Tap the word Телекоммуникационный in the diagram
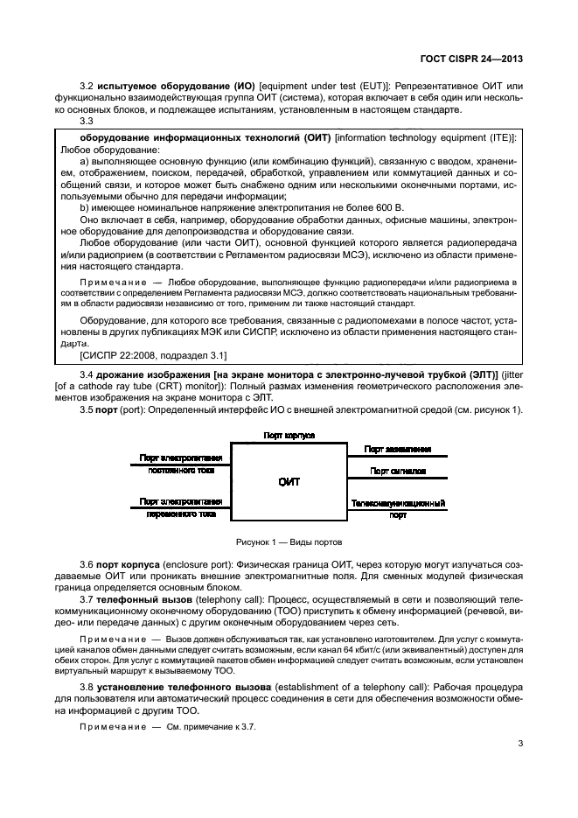point(398,504)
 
